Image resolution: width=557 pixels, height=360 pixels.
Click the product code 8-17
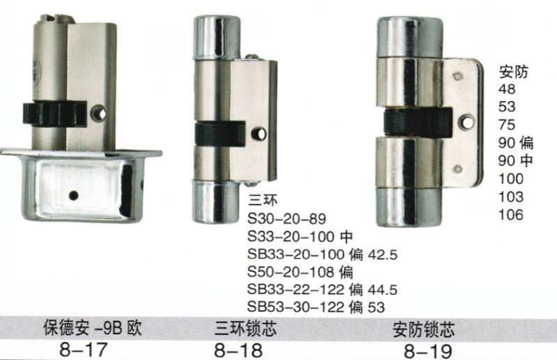click(x=83, y=350)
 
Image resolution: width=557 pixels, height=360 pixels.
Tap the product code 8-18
click(x=238, y=350)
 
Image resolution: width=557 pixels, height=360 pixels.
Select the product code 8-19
click(x=427, y=352)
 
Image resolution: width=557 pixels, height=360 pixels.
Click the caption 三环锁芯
click(x=246, y=329)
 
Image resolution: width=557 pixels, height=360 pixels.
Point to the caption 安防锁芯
click(x=423, y=329)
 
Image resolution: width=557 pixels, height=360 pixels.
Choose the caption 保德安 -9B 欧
click(x=93, y=328)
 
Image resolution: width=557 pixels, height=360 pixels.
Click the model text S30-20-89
click(x=287, y=219)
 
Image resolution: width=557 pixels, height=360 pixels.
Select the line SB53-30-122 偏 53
click(x=316, y=307)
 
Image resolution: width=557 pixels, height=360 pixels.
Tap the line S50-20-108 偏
click(x=301, y=272)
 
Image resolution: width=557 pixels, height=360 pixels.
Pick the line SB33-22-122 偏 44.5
click(x=322, y=290)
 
